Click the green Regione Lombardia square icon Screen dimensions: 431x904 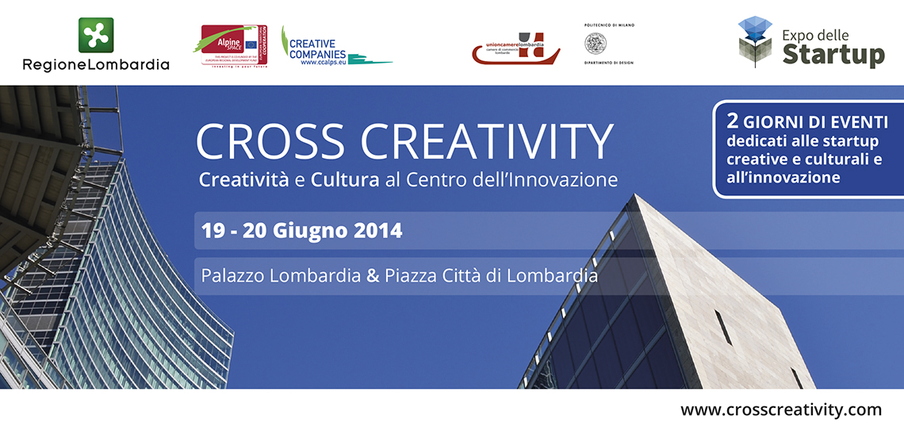click(96, 35)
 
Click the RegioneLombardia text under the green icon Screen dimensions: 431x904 click(96, 64)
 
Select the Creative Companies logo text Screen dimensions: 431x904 click(317, 49)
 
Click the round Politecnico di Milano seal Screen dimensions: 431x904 click(608, 43)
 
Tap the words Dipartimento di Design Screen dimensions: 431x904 click(609, 63)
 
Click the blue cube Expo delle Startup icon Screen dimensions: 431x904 click(754, 40)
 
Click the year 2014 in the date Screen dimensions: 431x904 click(377, 231)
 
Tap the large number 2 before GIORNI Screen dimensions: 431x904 click(734, 123)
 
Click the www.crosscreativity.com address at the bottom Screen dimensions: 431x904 click(780, 410)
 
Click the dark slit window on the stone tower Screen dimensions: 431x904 click(723, 327)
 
